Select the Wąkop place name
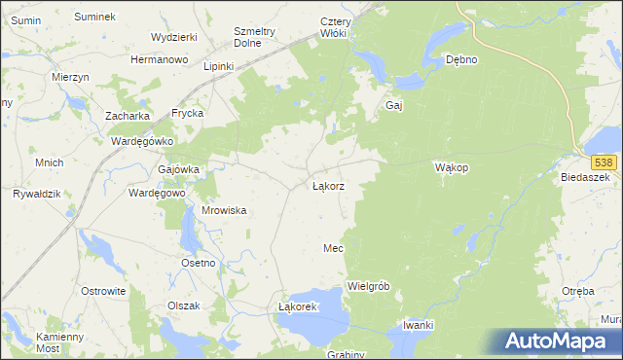[x=452, y=167]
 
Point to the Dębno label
[x=460, y=59]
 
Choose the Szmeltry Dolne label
[x=255, y=36]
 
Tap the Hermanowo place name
[x=159, y=59]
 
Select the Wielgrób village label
[x=368, y=286]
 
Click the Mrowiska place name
[x=223, y=210]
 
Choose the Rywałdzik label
[x=36, y=194]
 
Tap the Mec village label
[x=333, y=249]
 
